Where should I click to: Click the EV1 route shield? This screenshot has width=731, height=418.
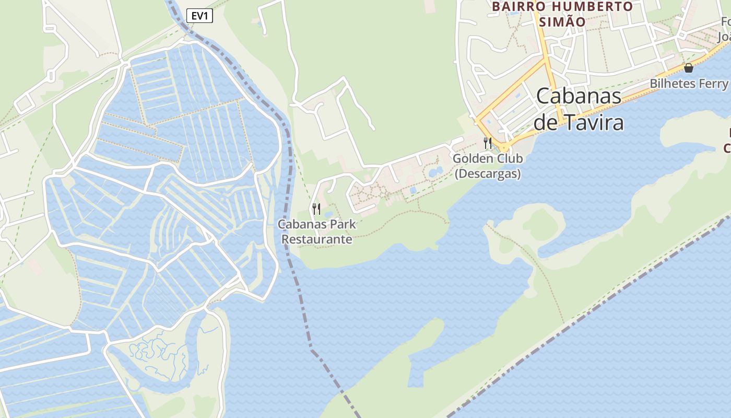pos(200,16)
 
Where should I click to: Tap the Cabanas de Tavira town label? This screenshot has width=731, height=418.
pos(579,109)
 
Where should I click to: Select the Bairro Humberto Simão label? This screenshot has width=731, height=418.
pos(562,14)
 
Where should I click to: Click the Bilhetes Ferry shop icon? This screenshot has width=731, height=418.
pos(689,67)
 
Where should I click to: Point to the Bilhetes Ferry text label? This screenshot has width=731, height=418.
pos(689,84)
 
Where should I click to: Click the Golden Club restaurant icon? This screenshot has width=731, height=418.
pos(488,143)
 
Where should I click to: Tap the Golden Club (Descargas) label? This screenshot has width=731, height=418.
pos(488,166)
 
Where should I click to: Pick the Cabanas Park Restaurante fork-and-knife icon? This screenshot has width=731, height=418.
pos(316,209)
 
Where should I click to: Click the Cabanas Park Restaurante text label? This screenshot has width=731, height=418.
pos(317,232)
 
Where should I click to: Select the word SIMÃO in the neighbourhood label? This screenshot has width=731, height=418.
pos(562,22)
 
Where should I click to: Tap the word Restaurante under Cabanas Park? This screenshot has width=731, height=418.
pos(317,240)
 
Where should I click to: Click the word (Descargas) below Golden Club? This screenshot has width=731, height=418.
pos(488,174)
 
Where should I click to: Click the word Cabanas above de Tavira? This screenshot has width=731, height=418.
pos(579,96)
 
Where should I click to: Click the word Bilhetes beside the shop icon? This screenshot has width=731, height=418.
pos(672,84)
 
